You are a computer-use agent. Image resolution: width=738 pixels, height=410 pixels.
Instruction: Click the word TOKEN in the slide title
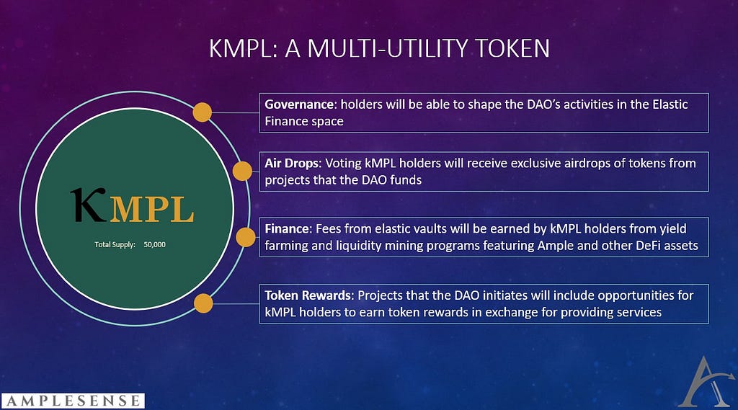tap(512, 48)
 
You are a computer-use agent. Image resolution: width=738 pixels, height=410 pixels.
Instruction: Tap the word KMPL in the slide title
tap(239, 48)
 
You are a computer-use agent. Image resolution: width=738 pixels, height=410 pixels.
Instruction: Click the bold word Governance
tap(299, 104)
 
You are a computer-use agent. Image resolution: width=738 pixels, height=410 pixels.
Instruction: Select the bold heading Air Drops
tap(292, 163)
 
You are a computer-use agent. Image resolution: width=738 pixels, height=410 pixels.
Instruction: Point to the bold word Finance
tap(287, 228)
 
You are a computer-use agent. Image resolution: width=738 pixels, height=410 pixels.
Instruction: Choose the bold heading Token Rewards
tap(308, 295)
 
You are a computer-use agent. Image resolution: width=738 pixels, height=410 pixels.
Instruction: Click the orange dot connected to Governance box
tap(203, 112)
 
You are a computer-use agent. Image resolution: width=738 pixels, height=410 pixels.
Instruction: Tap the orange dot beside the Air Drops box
tap(242, 171)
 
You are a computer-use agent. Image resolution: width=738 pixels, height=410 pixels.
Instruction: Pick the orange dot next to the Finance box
tap(246, 237)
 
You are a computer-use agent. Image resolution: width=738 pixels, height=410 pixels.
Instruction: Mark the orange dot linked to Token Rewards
tap(203, 303)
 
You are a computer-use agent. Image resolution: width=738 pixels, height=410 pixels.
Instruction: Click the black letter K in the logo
tap(88, 205)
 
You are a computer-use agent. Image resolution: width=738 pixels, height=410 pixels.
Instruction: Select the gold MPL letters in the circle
tap(152, 210)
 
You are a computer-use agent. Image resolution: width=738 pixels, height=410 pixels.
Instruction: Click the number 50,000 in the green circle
tap(155, 245)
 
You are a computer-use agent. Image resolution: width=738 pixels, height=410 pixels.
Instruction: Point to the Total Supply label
tap(115, 245)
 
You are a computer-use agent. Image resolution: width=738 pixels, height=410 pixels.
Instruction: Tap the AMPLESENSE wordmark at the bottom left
tap(73, 401)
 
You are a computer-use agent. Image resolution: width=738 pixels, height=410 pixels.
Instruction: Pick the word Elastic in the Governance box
tap(670, 104)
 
